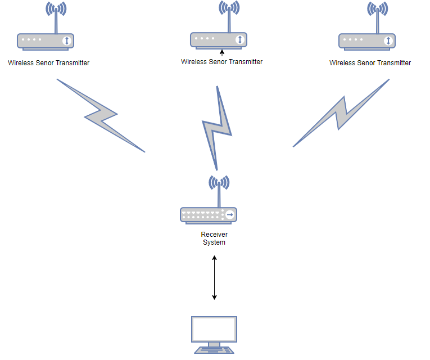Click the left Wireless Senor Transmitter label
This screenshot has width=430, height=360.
(x=48, y=63)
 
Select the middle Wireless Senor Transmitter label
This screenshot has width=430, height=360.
(x=221, y=62)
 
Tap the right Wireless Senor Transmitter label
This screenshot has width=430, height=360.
(x=370, y=63)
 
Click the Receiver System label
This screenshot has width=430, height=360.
(x=214, y=238)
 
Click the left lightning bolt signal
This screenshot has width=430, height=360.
(x=101, y=115)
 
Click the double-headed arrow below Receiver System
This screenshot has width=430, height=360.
(x=214, y=278)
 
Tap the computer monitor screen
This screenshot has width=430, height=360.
(x=214, y=329)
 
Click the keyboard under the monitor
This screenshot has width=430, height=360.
(x=214, y=350)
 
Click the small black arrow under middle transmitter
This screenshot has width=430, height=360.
(x=221, y=53)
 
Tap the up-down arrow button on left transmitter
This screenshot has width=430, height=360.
(x=67, y=40)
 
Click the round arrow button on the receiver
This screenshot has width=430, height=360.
(x=230, y=215)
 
